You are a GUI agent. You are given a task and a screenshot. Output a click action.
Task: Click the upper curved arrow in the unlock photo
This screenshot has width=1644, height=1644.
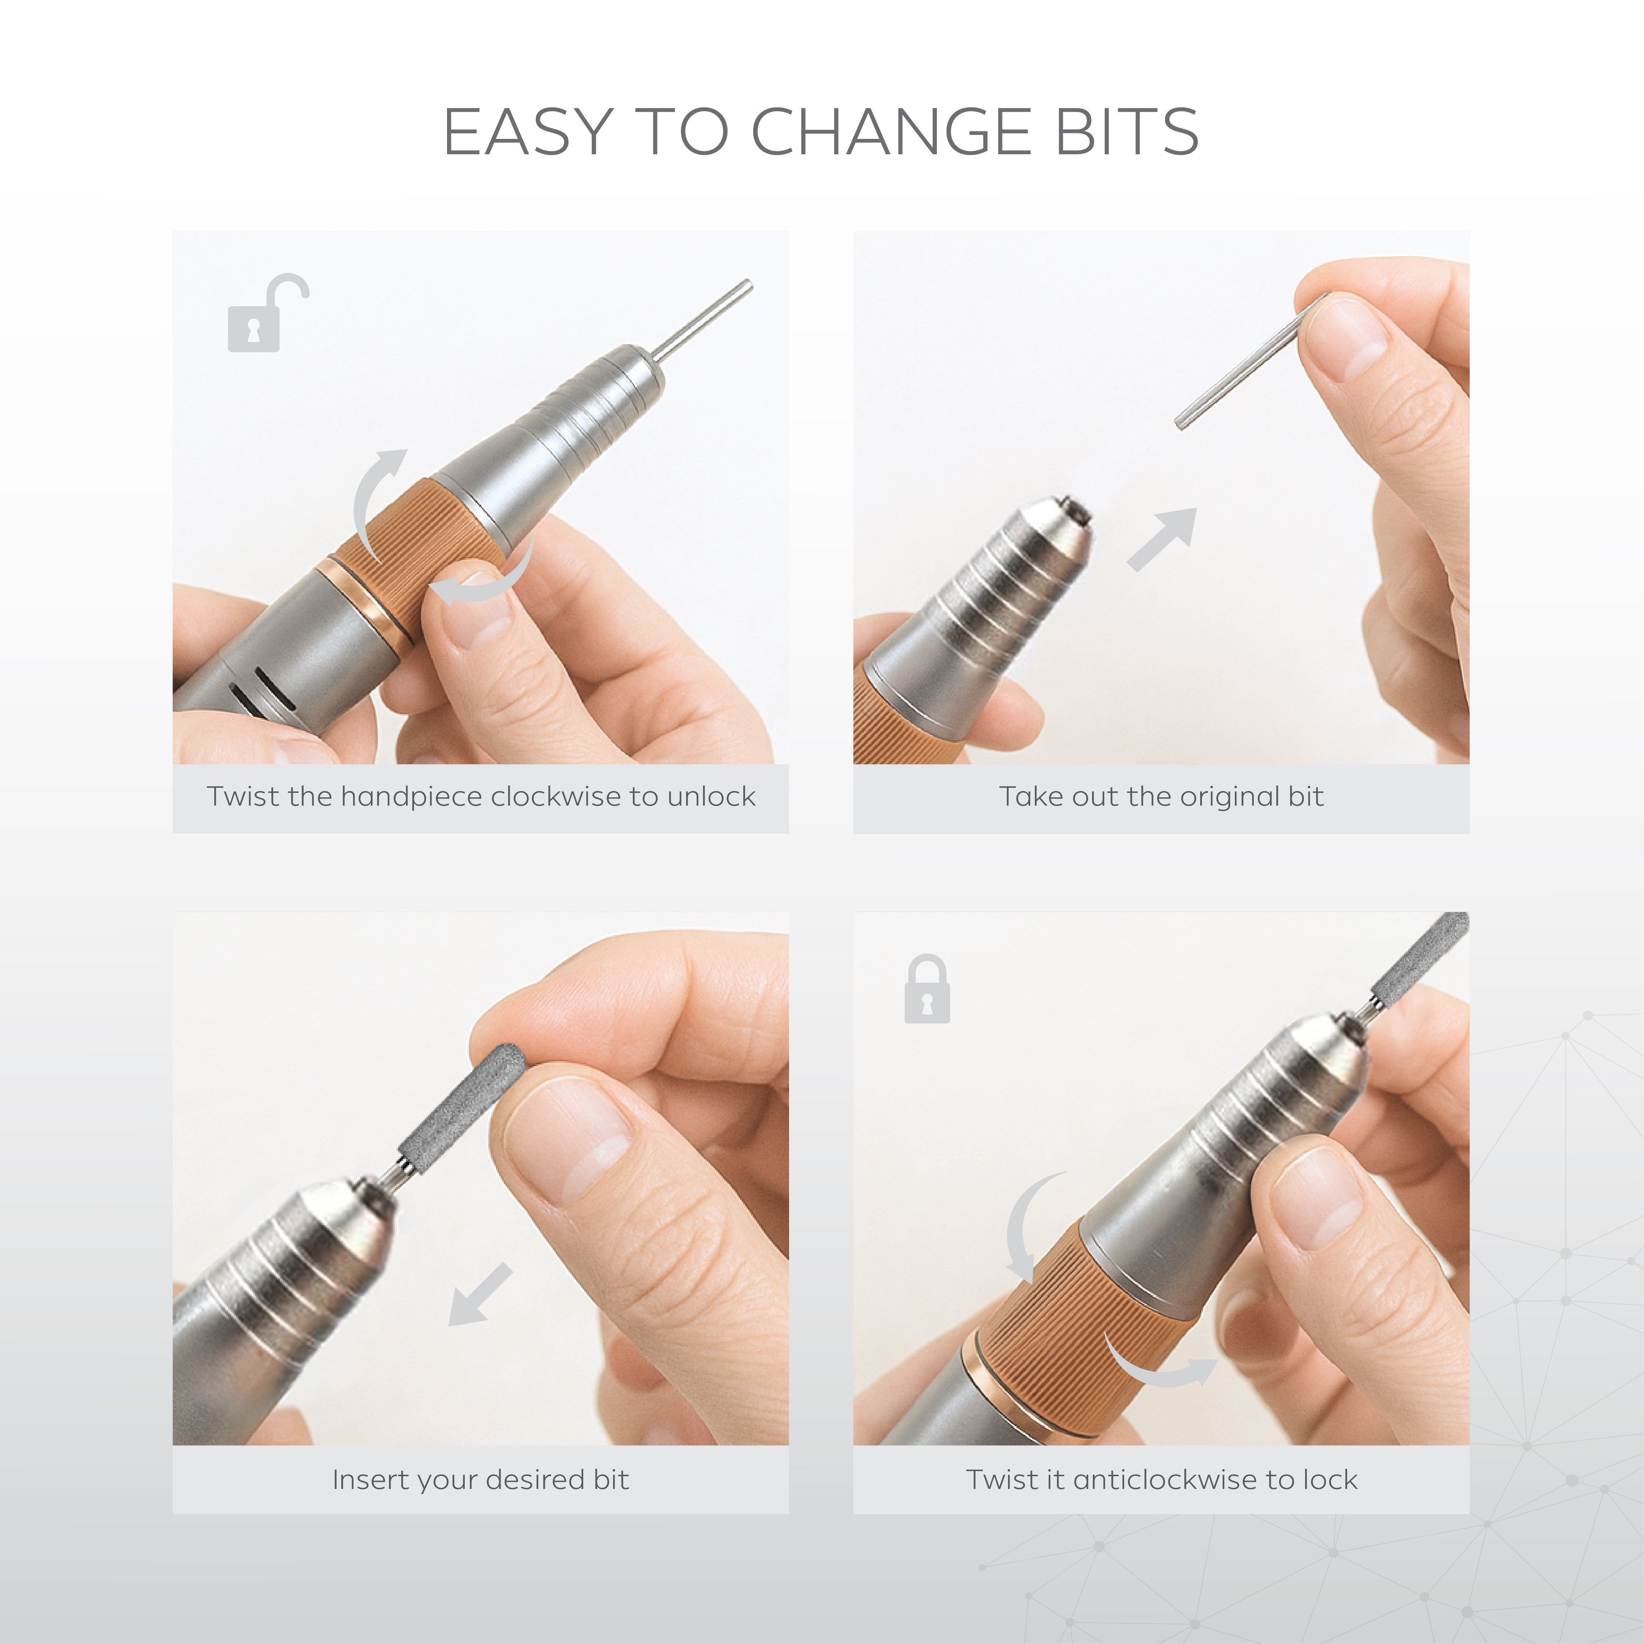click(x=374, y=498)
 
